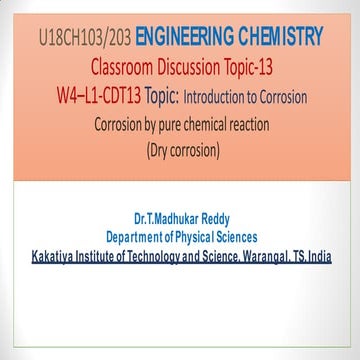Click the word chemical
point(235,126)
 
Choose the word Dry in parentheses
point(163,152)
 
